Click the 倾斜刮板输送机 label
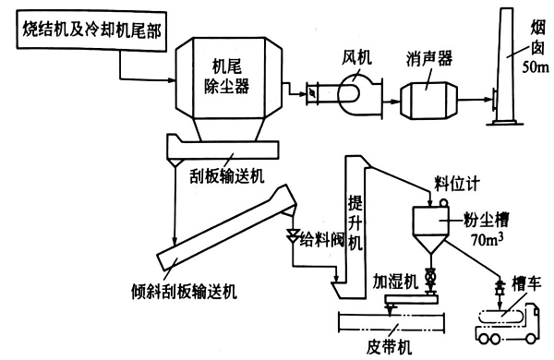pyautogui.click(x=175, y=291)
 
